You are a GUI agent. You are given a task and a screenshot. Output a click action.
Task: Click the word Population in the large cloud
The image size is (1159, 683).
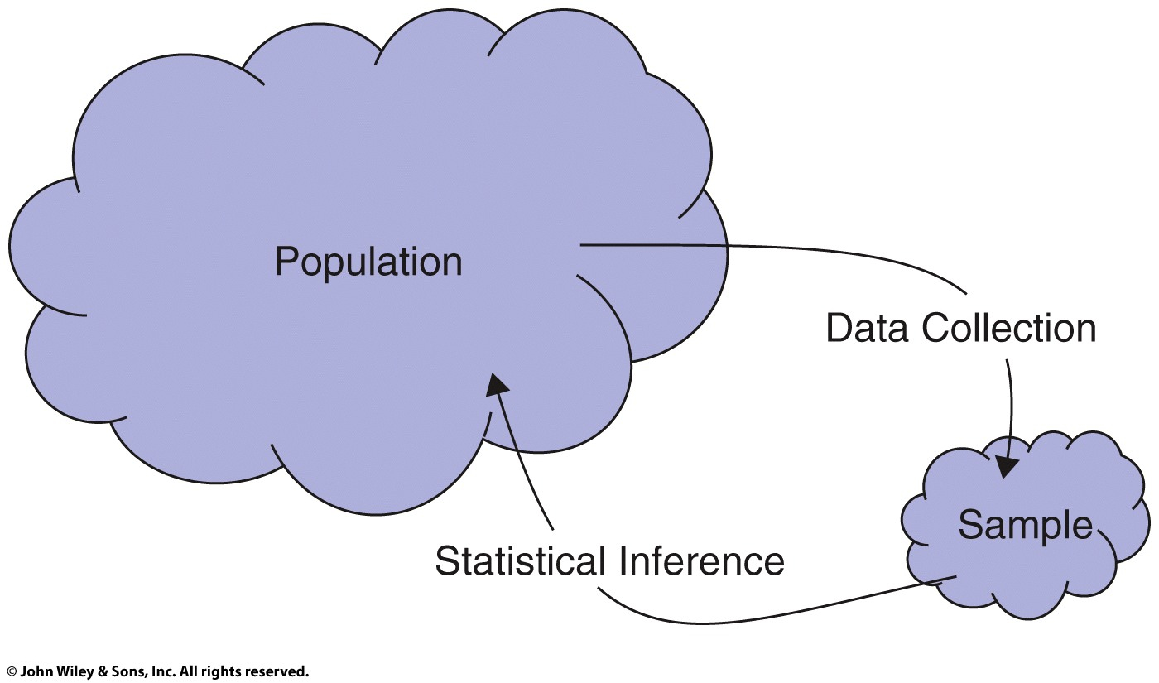pos(368,263)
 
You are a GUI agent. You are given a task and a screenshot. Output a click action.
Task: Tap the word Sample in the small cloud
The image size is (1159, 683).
pos(1025,527)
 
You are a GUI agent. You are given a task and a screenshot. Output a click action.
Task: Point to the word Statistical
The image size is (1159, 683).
pos(520,561)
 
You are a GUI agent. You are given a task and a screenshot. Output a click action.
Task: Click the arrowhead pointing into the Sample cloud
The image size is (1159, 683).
pos(1008,468)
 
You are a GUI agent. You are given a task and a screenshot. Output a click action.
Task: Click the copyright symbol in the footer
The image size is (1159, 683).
pos(11,672)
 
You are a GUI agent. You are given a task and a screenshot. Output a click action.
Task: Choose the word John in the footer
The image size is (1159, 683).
pos(35,672)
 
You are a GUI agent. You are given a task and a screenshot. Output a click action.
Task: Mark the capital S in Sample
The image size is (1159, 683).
pos(969,525)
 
